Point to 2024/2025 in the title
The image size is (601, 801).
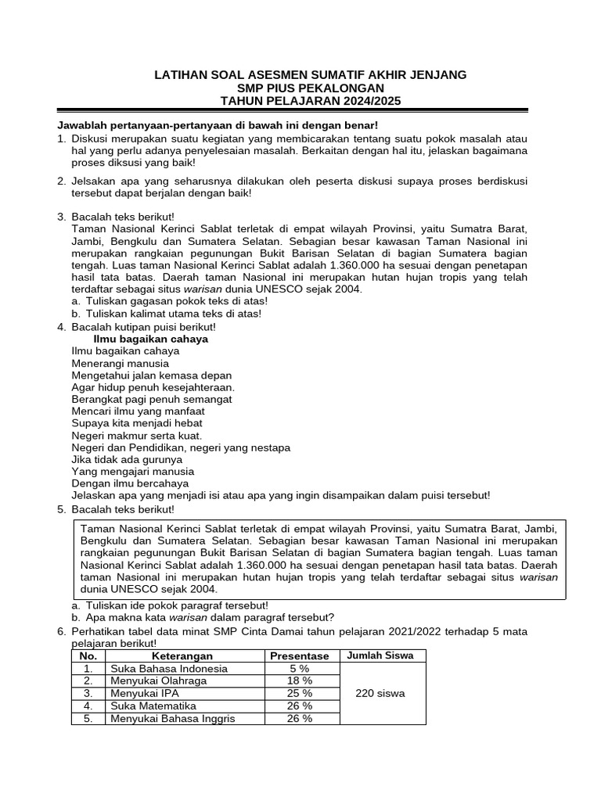point(368,101)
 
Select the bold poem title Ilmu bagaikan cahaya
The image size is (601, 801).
point(150,339)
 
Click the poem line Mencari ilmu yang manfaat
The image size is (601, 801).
point(138,411)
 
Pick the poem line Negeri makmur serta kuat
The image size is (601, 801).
point(136,435)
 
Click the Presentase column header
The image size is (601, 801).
point(299,656)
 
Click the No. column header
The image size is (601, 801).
point(88,656)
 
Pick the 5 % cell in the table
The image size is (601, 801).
point(299,669)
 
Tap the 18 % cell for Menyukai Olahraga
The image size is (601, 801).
point(299,681)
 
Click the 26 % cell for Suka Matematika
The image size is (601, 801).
point(299,706)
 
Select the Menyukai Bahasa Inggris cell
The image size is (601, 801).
point(173,719)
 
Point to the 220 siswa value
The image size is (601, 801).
point(380,694)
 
